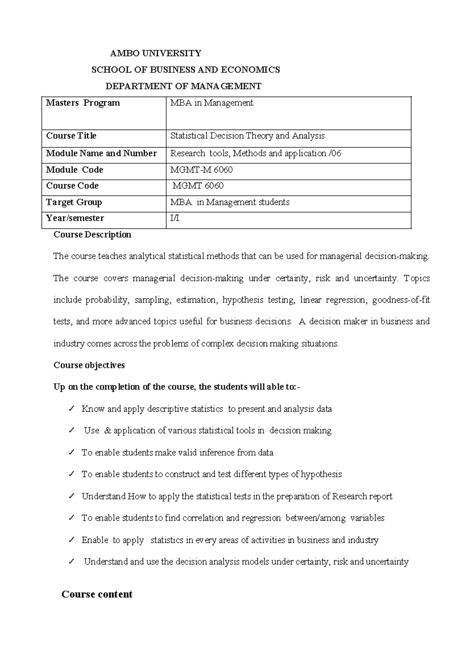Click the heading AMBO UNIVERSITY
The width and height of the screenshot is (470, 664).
[x=155, y=53]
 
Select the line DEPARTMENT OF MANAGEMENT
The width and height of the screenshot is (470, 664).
[x=184, y=86]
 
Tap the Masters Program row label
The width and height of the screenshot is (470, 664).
[x=83, y=103]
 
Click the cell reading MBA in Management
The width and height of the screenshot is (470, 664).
[x=211, y=103]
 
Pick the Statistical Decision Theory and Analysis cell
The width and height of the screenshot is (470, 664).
[x=248, y=136]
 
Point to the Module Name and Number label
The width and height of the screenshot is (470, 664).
[x=101, y=153]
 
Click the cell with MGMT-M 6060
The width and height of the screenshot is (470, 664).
[x=201, y=170]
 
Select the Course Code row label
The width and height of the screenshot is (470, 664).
[x=72, y=186]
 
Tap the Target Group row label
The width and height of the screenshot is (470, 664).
[x=74, y=202]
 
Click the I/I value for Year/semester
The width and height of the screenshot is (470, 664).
[x=175, y=218]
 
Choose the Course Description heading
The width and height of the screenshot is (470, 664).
[x=92, y=235]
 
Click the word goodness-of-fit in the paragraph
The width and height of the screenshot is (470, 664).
[x=401, y=300]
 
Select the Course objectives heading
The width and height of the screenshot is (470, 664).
[x=89, y=365]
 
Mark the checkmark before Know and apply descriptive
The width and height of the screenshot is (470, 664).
[x=71, y=409]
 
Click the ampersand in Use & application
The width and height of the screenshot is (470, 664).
[x=108, y=431]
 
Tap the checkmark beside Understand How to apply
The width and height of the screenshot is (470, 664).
[x=71, y=496]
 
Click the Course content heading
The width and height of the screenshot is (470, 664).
[x=97, y=594]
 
